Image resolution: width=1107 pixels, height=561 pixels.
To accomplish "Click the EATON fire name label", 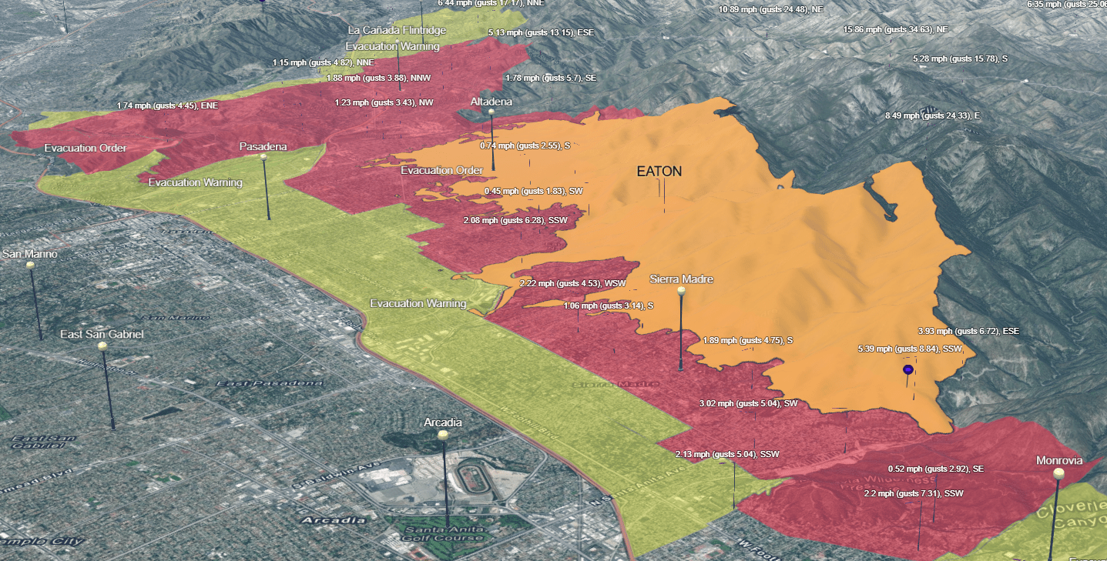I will [x=659, y=172].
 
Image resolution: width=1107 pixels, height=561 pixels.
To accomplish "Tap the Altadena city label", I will [x=491, y=102].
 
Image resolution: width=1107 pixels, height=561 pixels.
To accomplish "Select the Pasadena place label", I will [x=263, y=146].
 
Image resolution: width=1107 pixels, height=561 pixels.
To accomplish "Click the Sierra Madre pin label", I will [x=680, y=279].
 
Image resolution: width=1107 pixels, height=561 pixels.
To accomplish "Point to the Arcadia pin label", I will [x=443, y=422].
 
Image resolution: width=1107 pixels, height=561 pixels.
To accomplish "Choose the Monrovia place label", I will [x=1058, y=460].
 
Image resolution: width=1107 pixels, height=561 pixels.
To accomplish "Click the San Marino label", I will [x=30, y=253].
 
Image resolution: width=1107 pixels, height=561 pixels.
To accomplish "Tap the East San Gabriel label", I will [x=102, y=334].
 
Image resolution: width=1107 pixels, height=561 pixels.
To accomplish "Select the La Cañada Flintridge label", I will [x=397, y=30].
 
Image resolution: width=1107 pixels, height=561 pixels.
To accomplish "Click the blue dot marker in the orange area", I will [x=907, y=370].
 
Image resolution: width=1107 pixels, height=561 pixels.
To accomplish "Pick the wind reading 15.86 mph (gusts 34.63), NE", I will [x=895, y=29].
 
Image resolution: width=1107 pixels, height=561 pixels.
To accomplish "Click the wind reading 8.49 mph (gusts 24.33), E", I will [x=932, y=115].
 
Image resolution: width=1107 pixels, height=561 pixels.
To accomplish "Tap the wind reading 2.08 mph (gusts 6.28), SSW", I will [x=515, y=221].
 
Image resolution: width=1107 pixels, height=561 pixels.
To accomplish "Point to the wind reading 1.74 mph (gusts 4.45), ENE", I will [x=167, y=105].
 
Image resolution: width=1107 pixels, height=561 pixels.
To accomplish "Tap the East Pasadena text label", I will [x=268, y=383].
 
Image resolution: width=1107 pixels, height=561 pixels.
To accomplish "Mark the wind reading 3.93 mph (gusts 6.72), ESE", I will [x=968, y=331].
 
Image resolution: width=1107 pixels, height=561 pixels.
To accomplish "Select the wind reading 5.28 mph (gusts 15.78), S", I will [x=960, y=59].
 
